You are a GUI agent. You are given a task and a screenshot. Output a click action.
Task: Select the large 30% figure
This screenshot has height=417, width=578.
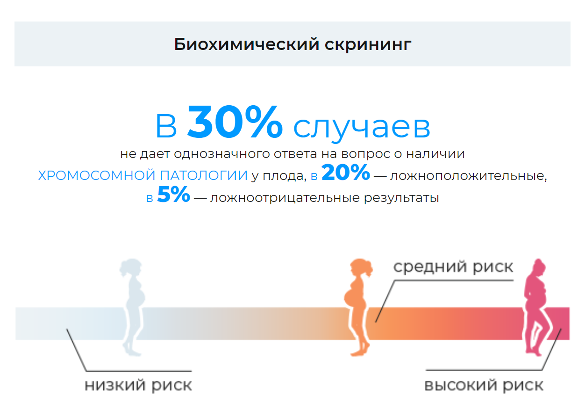235,122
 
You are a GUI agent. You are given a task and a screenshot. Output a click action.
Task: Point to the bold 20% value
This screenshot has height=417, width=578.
345,172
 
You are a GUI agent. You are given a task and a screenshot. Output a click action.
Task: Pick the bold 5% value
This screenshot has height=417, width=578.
173,194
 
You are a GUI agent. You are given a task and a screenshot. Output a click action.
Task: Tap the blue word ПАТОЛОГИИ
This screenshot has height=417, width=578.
204,176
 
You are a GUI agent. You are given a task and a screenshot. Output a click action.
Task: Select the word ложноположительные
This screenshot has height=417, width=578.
468,176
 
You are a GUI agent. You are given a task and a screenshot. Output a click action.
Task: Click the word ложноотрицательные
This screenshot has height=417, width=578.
285,198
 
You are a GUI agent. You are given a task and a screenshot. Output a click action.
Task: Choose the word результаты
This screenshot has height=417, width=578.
401,198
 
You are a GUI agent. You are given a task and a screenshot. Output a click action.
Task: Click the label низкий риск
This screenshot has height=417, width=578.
138,386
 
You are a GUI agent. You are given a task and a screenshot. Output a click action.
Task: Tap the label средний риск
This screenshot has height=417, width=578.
453,267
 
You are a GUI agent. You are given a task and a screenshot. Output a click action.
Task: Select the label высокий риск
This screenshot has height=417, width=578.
484,386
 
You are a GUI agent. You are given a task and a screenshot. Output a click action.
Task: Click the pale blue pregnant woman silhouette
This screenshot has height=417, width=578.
132,307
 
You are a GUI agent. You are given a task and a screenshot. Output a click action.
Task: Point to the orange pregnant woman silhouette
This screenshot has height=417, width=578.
358,307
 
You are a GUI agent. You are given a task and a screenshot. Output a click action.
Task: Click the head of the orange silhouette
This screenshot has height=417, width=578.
361,267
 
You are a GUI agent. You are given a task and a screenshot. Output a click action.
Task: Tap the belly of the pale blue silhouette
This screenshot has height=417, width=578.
139,297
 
